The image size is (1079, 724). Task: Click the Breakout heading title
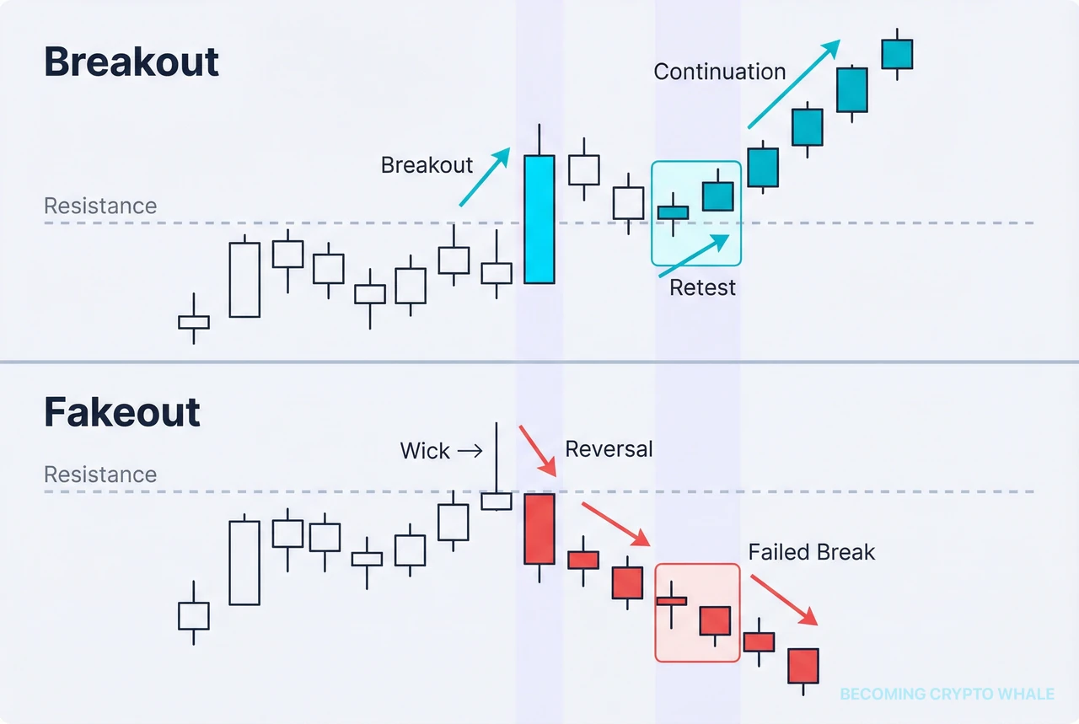(132, 63)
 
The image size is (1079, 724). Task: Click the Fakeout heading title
(122, 413)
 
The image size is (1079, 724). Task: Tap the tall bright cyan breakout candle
(539, 219)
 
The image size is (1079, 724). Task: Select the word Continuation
(720, 72)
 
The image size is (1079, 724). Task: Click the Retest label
(702, 287)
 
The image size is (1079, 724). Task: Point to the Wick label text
(425, 451)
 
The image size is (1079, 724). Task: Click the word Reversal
(609, 449)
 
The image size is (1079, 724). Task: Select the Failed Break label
(812, 553)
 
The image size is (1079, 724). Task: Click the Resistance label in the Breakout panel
(100, 206)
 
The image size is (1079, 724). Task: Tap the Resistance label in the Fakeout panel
(100, 475)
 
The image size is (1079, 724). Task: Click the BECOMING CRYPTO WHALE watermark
(947, 695)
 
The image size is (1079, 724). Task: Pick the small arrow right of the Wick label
(469, 452)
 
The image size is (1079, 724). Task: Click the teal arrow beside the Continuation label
(793, 83)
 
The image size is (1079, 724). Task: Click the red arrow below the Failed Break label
(784, 599)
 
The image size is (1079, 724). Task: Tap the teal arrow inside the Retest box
(694, 255)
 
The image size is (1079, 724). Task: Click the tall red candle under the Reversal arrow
(539, 528)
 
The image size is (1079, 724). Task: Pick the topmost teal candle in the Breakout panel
(897, 55)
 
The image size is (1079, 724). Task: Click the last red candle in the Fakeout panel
(803, 665)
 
